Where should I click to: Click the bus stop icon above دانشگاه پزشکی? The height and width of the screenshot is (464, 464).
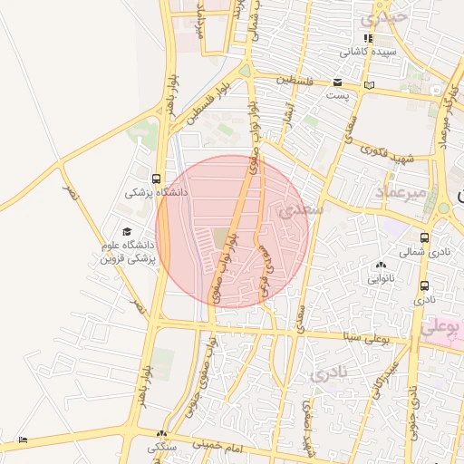pyautogui.click(x=157, y=179)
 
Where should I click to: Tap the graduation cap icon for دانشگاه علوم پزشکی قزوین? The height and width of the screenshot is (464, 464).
pyautogui.click(x=126, y=232)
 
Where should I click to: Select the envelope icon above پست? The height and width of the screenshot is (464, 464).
pyautogui.click(x=337, y=82)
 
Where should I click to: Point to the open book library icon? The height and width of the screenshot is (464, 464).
pyautogui.click(x=368, y=85)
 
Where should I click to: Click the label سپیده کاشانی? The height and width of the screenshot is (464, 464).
pyautogui.click(x=367, y=52)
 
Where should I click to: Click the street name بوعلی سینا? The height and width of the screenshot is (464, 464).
pyautogui.click(x=385, y=343)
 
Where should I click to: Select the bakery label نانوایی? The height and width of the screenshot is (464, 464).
pyautogui.click(x=379, y=278)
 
